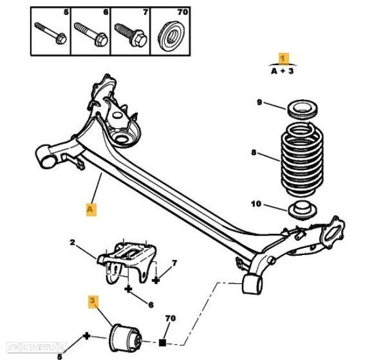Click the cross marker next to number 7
156,281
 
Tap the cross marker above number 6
129,289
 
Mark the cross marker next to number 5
86,337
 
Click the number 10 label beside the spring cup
256,204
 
